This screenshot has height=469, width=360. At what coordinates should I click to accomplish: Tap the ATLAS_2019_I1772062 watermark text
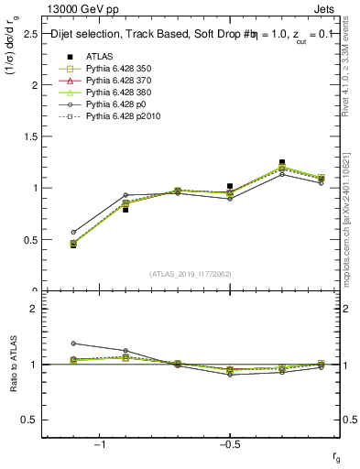pyautogui.click(x=190, y=273)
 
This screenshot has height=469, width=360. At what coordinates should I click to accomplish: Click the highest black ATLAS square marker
pyautogui.click(x=282, y=162)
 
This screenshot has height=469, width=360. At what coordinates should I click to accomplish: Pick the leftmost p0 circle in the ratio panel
pyautogui.click(x=73, y=344)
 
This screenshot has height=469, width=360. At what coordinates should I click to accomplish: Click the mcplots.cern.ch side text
pyautogui.click(x=351, y=229)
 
